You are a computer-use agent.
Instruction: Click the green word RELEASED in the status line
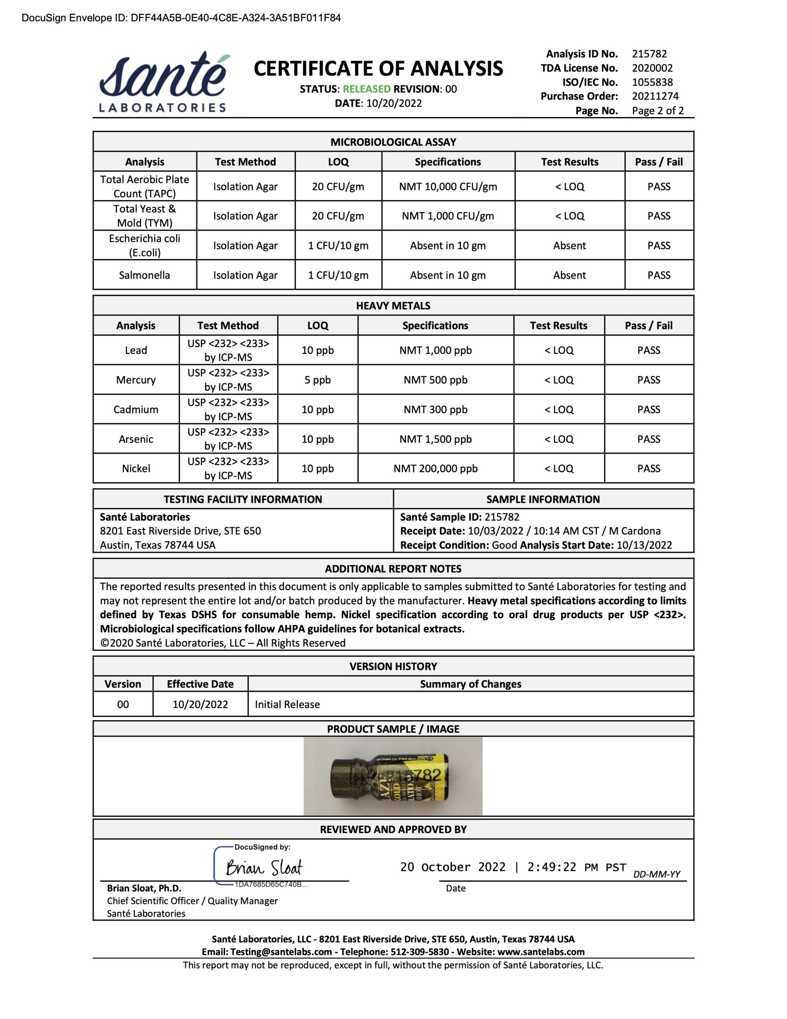pos(367,89)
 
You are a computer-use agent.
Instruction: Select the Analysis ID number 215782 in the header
pos(649,54)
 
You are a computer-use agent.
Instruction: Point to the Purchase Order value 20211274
pos(655,96)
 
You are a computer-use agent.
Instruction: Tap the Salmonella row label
pos(144,275)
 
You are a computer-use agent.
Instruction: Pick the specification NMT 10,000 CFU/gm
pos(448,187)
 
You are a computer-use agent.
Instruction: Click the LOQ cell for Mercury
pos(317,380)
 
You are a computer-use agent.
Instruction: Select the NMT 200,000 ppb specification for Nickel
pos(435,469)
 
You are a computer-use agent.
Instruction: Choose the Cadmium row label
pos(136,410)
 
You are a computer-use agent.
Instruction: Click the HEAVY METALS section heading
pos(393,306)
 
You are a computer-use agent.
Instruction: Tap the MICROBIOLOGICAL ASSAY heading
pos(393,142)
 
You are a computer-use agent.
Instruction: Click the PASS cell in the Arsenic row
pos(649,439)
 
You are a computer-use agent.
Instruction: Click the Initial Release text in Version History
pos(287,705)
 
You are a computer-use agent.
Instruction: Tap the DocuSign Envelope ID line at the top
pos(181,18)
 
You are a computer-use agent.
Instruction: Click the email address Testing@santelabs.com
pos(281,952)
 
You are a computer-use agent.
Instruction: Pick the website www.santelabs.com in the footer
pos(541,952)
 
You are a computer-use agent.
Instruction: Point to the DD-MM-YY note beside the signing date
pos(656,874)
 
